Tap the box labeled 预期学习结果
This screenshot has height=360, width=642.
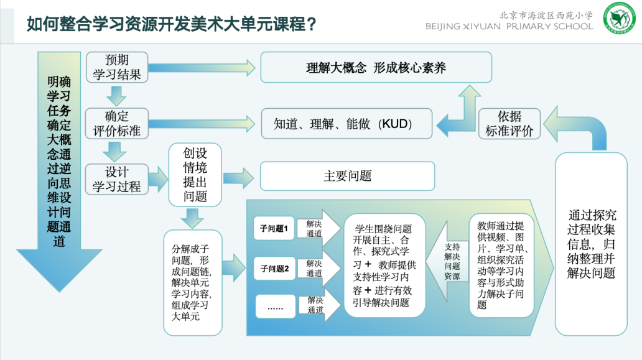[117, 67]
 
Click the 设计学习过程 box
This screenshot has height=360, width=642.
[117, 178]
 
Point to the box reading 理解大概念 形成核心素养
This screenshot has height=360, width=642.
[376, 68]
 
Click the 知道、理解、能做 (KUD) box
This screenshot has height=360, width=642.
[347, 124]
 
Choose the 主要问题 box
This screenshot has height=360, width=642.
[347, 176]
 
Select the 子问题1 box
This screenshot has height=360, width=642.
[274, 229]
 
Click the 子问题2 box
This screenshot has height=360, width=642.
[274, 269]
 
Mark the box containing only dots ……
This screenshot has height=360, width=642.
[274, 307]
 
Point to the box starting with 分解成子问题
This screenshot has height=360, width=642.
[192, 283]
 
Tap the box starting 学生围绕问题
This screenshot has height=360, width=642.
[384, 265]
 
